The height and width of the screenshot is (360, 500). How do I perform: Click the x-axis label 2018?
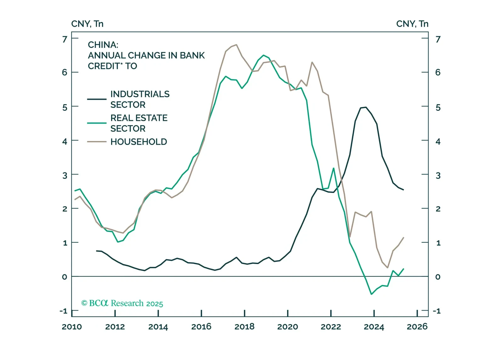[244, 327]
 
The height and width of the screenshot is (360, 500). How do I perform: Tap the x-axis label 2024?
[374, 327]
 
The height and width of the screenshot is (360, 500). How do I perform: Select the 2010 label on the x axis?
[72, 327]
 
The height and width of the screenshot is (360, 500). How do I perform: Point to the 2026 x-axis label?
[417, 327]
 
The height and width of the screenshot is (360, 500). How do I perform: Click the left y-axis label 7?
[65, 39]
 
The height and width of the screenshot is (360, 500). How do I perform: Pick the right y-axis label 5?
[438, 108]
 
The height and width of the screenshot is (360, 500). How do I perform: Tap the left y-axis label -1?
[64, 311]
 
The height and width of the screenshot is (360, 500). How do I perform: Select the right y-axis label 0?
[438, 277]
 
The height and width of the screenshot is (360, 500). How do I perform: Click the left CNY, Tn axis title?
[87, 24]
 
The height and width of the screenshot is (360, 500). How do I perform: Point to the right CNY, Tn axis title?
[412, 24]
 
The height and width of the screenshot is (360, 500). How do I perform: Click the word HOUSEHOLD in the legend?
[139, 142]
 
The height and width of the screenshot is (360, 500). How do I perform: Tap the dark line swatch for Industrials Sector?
[97, 99]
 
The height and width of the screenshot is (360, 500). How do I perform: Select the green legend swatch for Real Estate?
[97, 123]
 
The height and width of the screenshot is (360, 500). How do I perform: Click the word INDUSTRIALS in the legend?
[140, 94]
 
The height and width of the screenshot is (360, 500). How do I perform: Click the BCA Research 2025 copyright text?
[122, 303]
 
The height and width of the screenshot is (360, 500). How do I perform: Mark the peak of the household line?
[236, 45]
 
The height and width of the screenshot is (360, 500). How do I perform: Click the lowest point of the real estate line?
[372, 294]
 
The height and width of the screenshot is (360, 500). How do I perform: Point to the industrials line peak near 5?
[366, 107]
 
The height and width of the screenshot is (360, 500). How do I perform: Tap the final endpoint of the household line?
[404, 238]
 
